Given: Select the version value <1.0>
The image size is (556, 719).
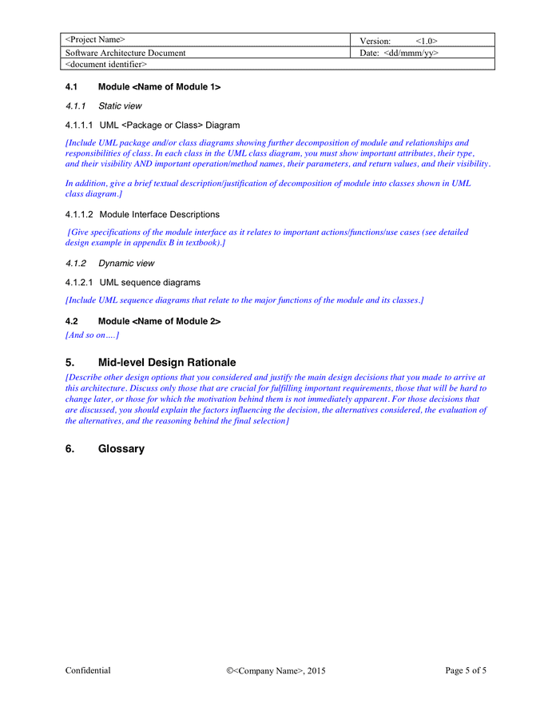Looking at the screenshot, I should pos(426,41).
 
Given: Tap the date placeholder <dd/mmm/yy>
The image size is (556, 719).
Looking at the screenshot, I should pos(411,53).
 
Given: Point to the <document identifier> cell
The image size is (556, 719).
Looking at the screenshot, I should pos(105,64).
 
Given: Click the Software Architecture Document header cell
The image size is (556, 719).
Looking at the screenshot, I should pos(125,53).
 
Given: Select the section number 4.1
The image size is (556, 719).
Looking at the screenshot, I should pos(71,87).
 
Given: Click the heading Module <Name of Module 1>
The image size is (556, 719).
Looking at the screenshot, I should pos(159,87).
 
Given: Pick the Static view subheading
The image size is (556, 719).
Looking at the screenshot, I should pos(120,105).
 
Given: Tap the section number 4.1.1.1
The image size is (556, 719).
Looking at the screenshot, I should pos(79,125).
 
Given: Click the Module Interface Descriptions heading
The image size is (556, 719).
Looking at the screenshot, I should pos(159,214).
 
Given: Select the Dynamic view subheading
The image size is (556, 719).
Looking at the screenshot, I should pos(126,263).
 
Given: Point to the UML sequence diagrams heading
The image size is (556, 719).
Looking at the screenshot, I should pos(150,282).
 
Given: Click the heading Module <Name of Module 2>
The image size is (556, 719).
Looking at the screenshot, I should pos(159,321).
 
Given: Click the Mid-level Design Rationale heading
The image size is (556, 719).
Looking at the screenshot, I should pos(167,362).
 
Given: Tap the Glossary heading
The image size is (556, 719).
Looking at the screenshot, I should pos(121,449).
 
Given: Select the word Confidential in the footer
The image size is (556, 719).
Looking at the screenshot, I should pos(88,671).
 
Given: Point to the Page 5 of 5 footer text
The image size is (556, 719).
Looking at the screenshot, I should pos(465,671).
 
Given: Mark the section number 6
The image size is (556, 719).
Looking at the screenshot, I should pos(69,449).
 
